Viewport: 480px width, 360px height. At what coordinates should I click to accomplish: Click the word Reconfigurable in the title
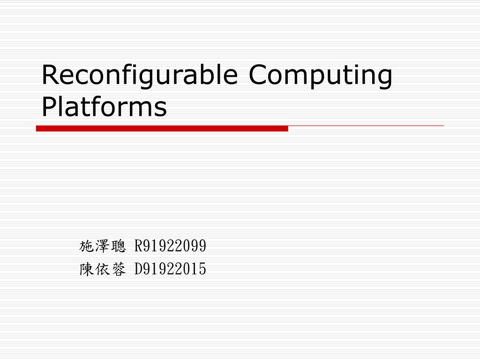click(x=140, y=76)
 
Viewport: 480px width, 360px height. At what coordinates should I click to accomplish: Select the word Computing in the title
click(x=321, y=76)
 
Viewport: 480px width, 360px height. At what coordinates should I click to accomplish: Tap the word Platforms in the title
click(x=104, y=107)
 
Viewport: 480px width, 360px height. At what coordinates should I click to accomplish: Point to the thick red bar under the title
click(x=162, y=128)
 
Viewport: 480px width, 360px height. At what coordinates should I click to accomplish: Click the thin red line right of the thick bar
click(x=366, y=126)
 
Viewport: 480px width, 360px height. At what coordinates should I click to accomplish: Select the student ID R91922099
click(x=170, y=245)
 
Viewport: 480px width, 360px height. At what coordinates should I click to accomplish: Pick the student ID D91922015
click(x=170, y=269)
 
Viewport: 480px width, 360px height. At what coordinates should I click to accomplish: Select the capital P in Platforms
click(x=49, y=107)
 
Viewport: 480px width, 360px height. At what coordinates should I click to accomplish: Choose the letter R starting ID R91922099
click(x=138, y=245)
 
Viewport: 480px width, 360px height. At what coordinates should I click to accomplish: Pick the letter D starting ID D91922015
click(x=138, y=269)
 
